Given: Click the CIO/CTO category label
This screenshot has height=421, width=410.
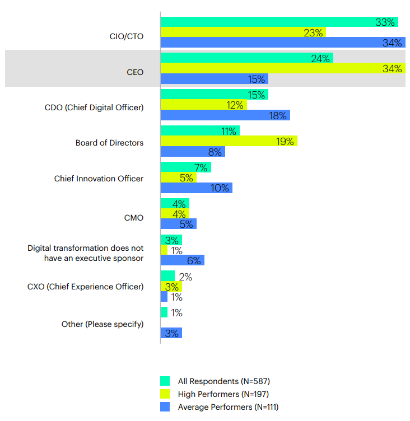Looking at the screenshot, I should pyautogui.click(x=126, y=36).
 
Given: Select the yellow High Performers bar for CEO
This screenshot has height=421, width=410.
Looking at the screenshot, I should pyautogui.click(x=283, y=69).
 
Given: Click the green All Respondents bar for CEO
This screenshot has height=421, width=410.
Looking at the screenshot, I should pyautogui.click(x=246, y=58).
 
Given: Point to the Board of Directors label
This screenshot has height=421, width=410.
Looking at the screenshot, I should pyautogui.click(x=109, y=143).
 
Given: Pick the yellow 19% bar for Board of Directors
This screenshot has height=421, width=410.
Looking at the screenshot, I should pyautogui.click(x=229, y=142).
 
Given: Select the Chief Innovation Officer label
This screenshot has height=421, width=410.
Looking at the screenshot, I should pyautogui.click(x=99, y=179).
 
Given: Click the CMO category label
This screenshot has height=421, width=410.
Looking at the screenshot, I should pyautogui.click(x=133, y=218).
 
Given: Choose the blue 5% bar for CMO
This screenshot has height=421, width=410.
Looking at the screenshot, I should pyautogui.click(x=178, y=224).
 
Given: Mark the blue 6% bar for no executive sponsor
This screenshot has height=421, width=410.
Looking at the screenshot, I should pyautogui.click(x=182, y=260).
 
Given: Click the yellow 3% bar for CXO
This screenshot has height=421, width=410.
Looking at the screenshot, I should pyautogui.click(x=171, y=287).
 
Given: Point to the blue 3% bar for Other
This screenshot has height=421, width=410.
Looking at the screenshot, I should pyautogui.click(x=171, y=333).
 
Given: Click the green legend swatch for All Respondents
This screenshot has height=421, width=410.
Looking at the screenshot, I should pyautogui.click(x=165, y=381).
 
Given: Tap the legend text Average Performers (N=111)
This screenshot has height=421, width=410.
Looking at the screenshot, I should pyautogui.click(x=228, y=407).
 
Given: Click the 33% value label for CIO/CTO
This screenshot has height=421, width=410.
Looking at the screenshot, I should pyautogui.click(x=385, y=22).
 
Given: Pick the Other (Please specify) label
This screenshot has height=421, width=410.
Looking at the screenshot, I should pyautogui.click(x=102, y=324).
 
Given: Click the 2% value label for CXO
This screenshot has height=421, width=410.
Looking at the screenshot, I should pyautogui.click(x=185, y=277).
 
